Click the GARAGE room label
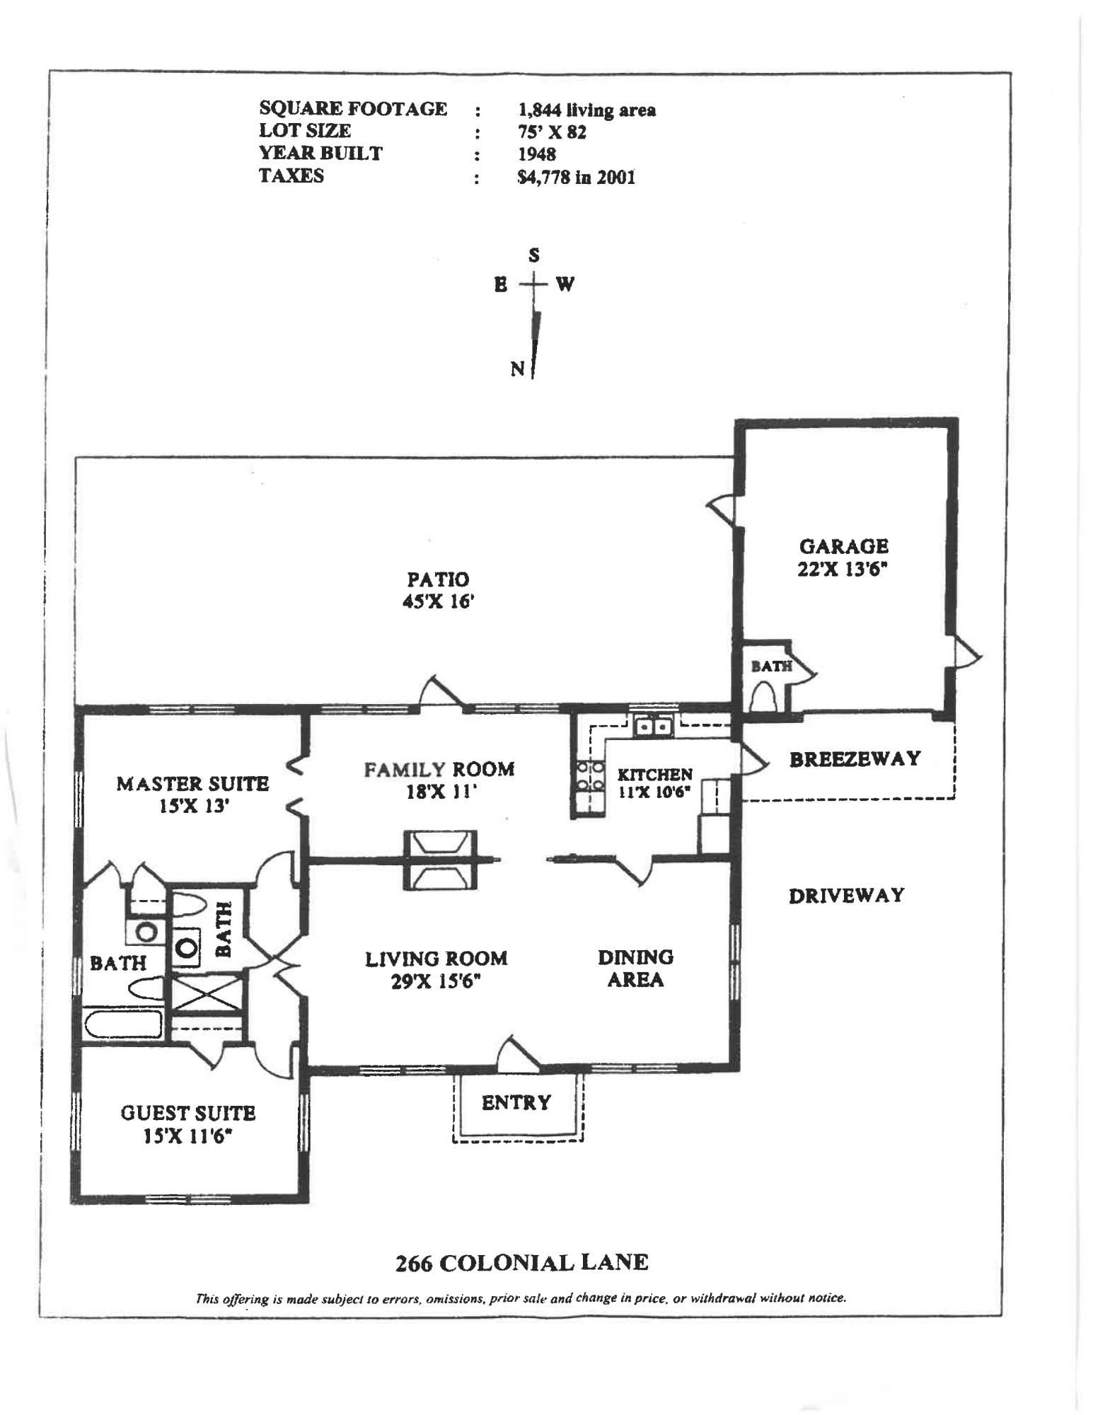tap(843, 547)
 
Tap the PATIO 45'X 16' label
tap(438, 590)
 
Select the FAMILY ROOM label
tap(439, 770)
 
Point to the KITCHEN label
tap(654, 775)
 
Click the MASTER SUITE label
tap(192, 784)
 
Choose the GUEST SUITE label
tap(187, 1114)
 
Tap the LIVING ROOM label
tap(436, 959)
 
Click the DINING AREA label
tap(635, 969)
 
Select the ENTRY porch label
tap(516, 1102)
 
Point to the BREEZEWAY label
tap(855, 759)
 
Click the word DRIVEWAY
tap(846, 896)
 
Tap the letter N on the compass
tap(518, 369)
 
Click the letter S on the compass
tap(534, 255)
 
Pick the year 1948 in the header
tap(537, 154)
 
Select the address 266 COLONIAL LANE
tap(521, 1262)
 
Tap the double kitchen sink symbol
tap(652, 727)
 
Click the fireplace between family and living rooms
tap(438, 859)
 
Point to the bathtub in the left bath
tap(122, 1024)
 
